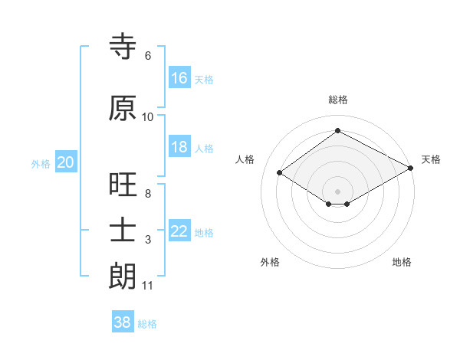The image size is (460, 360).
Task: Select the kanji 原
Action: coord(123,108)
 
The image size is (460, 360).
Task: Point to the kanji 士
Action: coord(123,231)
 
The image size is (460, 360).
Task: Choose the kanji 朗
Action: coord(123,276)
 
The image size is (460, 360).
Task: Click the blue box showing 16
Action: coord(179,78)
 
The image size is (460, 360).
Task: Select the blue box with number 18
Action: coord(179,147)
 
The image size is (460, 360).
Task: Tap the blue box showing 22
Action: coord(179,231)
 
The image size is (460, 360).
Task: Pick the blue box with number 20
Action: coord(66,162)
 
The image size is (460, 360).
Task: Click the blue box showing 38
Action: coord(123,322)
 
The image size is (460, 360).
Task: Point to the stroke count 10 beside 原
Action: coord(148,117)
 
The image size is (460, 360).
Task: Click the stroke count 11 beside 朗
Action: coord(147,286)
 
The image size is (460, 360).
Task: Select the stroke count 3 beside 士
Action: coord(148,241)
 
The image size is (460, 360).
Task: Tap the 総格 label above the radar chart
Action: coord(337,100)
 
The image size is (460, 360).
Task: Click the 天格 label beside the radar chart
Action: coord(431,159)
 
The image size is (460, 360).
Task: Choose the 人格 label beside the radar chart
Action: coord(245,159)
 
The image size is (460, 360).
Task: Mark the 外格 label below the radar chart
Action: coord(270,262)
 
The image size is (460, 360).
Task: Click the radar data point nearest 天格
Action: coord(411,169)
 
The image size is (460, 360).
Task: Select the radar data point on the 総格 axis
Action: coord(337,131)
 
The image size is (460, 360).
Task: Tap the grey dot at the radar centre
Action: coord(337,190)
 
